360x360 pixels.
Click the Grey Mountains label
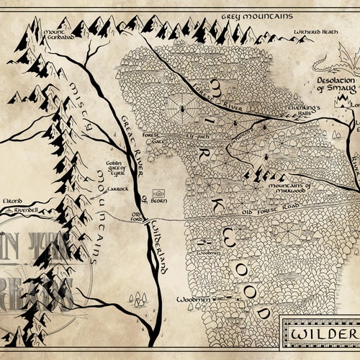point(248,14)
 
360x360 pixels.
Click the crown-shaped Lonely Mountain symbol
point(354,103)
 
